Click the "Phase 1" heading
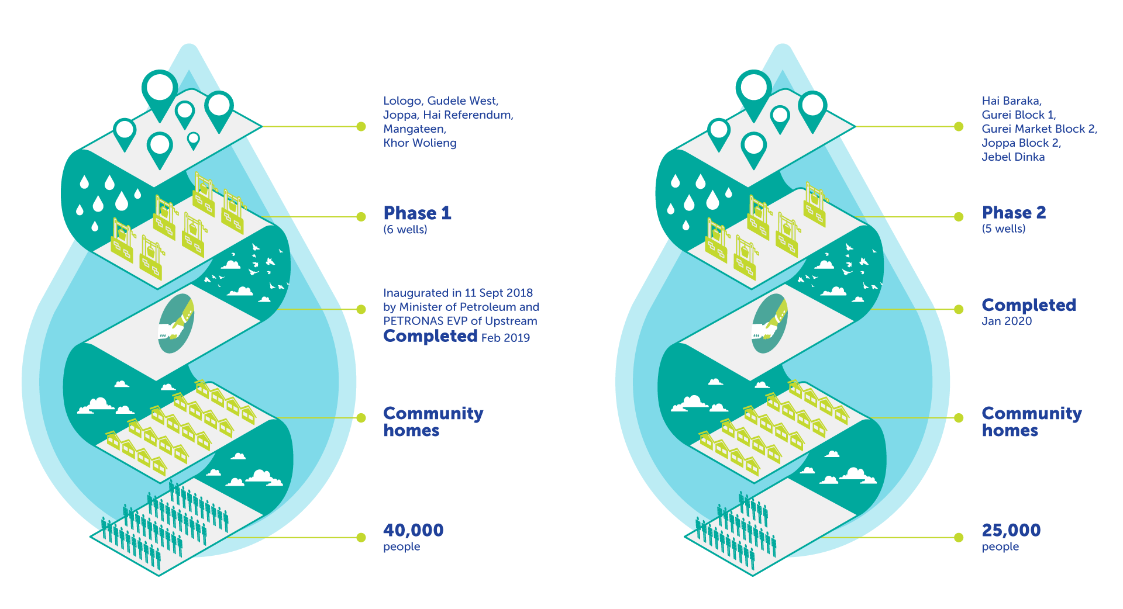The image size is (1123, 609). click(x=417, y=213)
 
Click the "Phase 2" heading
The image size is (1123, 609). click(x=1014, y=212)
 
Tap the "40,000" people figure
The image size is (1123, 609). click(x=413, y=530)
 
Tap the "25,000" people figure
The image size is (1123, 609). click(x=1011, y=530)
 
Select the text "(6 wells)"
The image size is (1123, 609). click(x=405, y=230)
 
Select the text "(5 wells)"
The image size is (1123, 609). click(x=1004, y=229)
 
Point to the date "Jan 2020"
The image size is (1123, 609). click(x=1007, y=321)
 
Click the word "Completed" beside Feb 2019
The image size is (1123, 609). click(x=430, y=336)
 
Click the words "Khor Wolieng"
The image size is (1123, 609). click(x=420, y=143)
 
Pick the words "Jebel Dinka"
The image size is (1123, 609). click(x=1013, y=157)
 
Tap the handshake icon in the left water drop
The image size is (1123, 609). click(x=175, y=324)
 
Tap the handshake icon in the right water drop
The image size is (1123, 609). click(x=769, y=324)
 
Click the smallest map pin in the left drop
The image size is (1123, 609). click(x=193, y=140)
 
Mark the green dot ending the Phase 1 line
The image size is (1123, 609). click(x=361, y=217)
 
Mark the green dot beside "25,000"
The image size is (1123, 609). click(x=959, y=538)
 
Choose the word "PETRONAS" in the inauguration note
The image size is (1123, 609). click(x=413, y=321)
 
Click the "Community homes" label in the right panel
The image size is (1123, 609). click(x=1032, y=422)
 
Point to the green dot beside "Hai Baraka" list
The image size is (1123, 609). click(x=959, y=126)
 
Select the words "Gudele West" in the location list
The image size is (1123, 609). click(x=463, y=101)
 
